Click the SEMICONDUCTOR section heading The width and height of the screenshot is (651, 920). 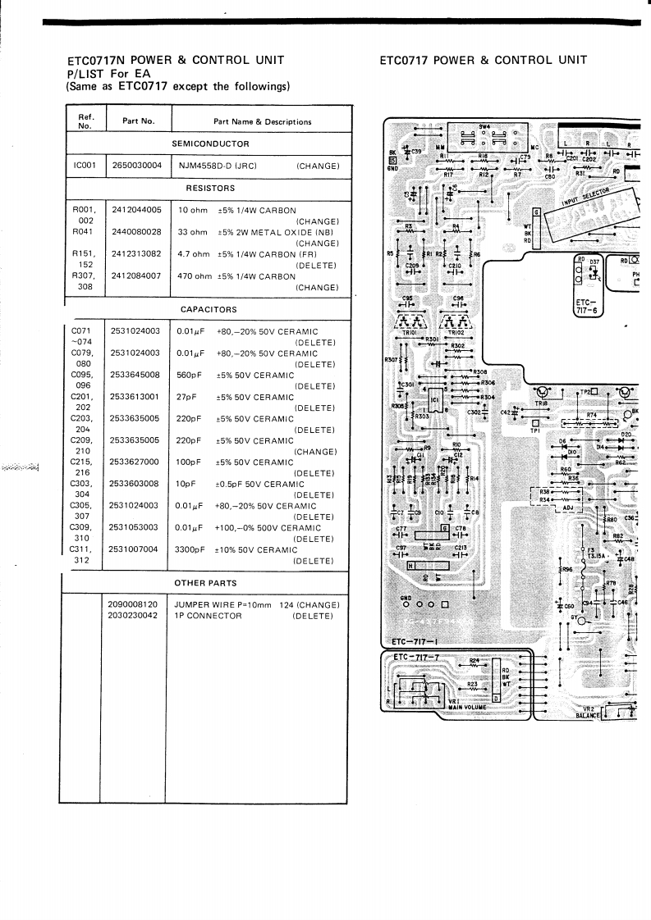coord(204,144)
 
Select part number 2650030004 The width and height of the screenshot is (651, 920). coord(137,166)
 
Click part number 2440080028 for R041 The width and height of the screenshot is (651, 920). coord(137,232)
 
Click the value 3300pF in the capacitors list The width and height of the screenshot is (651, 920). coord(190,550)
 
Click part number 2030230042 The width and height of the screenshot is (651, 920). coord(137,615)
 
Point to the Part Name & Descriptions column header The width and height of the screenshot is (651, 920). coord(262,121)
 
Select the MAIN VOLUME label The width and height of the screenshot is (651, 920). coord(468,707)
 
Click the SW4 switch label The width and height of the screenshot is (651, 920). coord(484,126)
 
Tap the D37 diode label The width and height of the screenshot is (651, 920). coord(596,260)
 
